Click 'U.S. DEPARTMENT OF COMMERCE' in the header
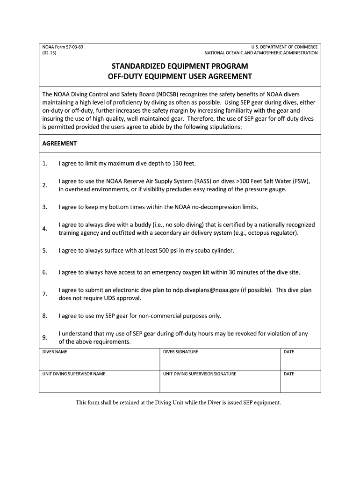284,47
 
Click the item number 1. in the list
44,164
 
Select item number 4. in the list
44,229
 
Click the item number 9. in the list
44,338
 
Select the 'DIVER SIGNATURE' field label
180,352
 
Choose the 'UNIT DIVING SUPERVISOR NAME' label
74,374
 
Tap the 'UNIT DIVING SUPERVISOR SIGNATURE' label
200,374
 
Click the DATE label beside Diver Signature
289,352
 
